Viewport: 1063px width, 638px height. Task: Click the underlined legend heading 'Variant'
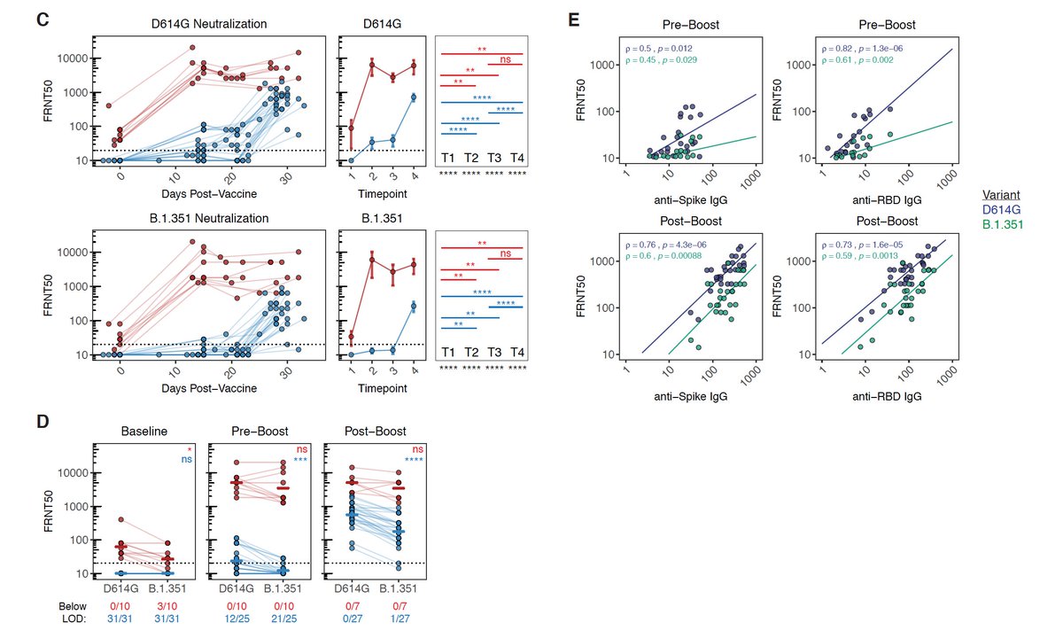tap(1005, 194)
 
